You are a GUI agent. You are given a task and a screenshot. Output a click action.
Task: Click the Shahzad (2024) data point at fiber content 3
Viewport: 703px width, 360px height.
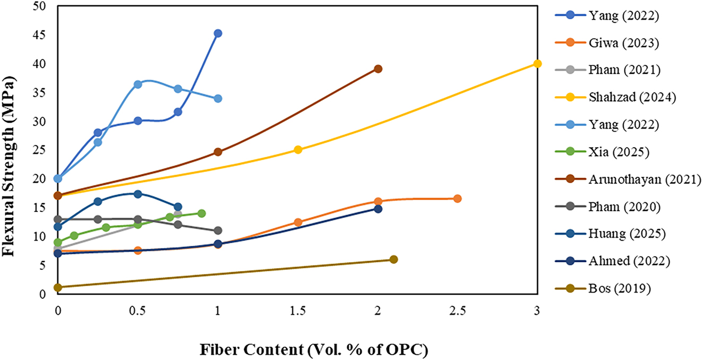pyautogui.click(x=537, y=64)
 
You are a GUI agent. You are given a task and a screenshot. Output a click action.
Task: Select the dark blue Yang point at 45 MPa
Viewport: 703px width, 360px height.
pyautogui.click(x=218, y=33)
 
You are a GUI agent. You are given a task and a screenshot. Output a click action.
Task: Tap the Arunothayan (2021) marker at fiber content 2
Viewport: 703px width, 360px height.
pyautogui.click(x=378, y=69)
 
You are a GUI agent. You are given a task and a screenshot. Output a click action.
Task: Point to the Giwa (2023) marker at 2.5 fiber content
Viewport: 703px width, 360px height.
pyautogui.click(x=457, y=199)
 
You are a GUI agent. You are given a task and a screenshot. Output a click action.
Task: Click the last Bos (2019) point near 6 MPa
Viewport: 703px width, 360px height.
pyautogui.click(x=393, y=259)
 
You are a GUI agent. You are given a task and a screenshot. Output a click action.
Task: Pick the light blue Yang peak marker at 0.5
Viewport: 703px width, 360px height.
pyautogui.click(x=138, y=84)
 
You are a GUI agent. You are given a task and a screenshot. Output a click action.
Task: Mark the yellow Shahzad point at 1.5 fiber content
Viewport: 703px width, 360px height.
pyautogui.click(x=298, y=150)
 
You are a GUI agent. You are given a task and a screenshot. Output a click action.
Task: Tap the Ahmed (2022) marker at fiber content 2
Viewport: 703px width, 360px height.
pyautogui.click(x=378, y=209)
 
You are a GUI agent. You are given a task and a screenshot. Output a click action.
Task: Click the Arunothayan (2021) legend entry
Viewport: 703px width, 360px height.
pyautogui.click(x=645, y=179)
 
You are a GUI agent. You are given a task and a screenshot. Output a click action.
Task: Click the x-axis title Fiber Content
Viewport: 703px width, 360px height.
pyautogui.click(x=314, y=350)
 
